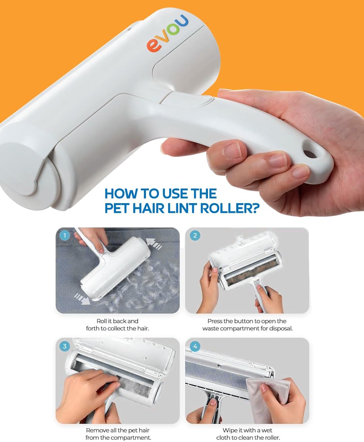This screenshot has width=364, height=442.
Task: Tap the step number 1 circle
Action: click(65, 235)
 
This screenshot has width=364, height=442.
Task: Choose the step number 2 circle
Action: click(195, 235)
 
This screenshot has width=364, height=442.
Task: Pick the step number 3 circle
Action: click(65, 346)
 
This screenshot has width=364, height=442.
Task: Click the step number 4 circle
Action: click(195, 346)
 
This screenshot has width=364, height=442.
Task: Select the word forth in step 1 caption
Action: click(92, 328)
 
